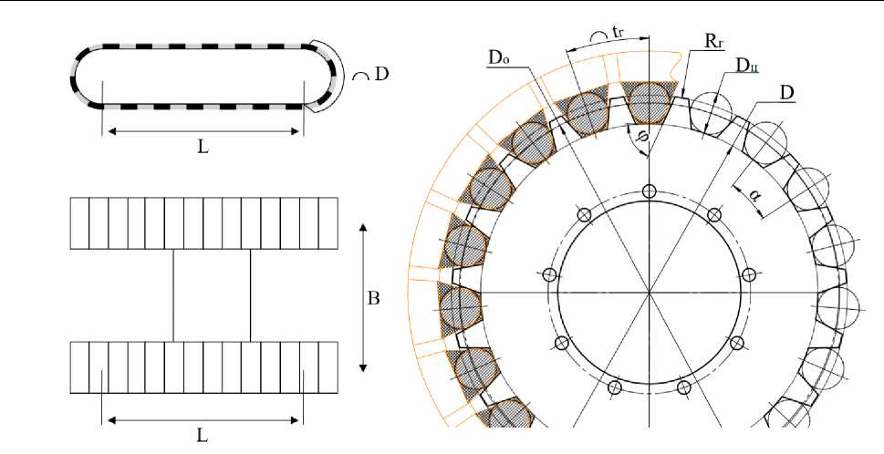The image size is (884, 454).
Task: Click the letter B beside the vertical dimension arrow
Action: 373,298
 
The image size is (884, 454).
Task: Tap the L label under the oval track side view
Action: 203,148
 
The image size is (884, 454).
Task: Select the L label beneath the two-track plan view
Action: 203,436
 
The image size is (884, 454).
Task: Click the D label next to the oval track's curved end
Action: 381,74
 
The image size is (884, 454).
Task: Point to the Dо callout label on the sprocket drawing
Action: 499,57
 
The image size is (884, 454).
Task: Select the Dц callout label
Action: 747,66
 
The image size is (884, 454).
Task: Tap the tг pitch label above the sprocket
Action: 618,33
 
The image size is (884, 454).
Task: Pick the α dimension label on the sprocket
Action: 754,194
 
